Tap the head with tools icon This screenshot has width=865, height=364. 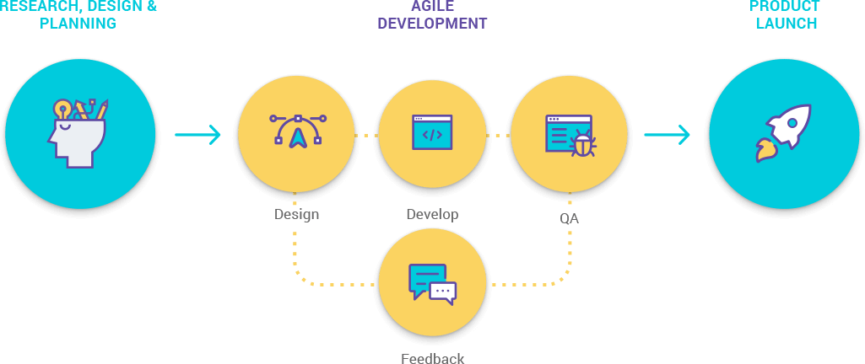pos(78,132)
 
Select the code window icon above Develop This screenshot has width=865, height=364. pos(432,133)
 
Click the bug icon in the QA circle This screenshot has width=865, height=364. pos(583,144)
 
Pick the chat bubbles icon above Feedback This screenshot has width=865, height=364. pos(432,282)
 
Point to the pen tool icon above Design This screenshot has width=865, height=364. pos(296,131)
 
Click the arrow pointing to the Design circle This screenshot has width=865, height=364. pos(197,135)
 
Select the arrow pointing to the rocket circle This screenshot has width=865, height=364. pos(667,135)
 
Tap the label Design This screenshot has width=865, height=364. pos(296,214)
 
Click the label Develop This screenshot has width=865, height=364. pos(432,214)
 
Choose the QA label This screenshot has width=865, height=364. pos(570,218)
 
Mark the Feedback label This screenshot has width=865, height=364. pos(432,358)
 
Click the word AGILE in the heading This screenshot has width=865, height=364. pos(432,7)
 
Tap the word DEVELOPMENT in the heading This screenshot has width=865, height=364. pos(432,24)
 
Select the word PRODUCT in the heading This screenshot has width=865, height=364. pos(785,7)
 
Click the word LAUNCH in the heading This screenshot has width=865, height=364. pos(787,24)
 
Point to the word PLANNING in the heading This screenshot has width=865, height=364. pos(78,24)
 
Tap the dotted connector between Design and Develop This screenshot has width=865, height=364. pos(366,135)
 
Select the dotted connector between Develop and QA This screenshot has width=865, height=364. pos(498,135)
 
